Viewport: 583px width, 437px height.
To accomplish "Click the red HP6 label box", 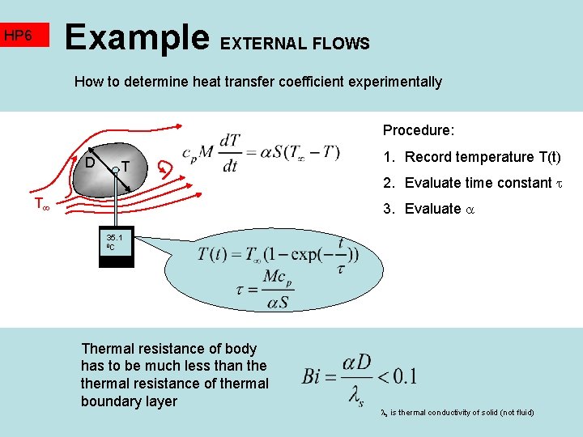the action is [25, 36].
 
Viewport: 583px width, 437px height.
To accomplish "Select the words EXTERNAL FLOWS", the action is [295, 44].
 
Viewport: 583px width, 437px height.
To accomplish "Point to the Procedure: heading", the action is [419, 130].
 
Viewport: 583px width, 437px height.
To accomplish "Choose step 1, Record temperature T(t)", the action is [471, 157].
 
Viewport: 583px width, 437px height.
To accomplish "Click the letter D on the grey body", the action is [91, 162].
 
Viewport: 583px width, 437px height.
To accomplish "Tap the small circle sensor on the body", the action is [117, 168].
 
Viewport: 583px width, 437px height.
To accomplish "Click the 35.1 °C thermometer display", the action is [114, 242].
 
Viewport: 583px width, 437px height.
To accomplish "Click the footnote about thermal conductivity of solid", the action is [457, 413].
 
